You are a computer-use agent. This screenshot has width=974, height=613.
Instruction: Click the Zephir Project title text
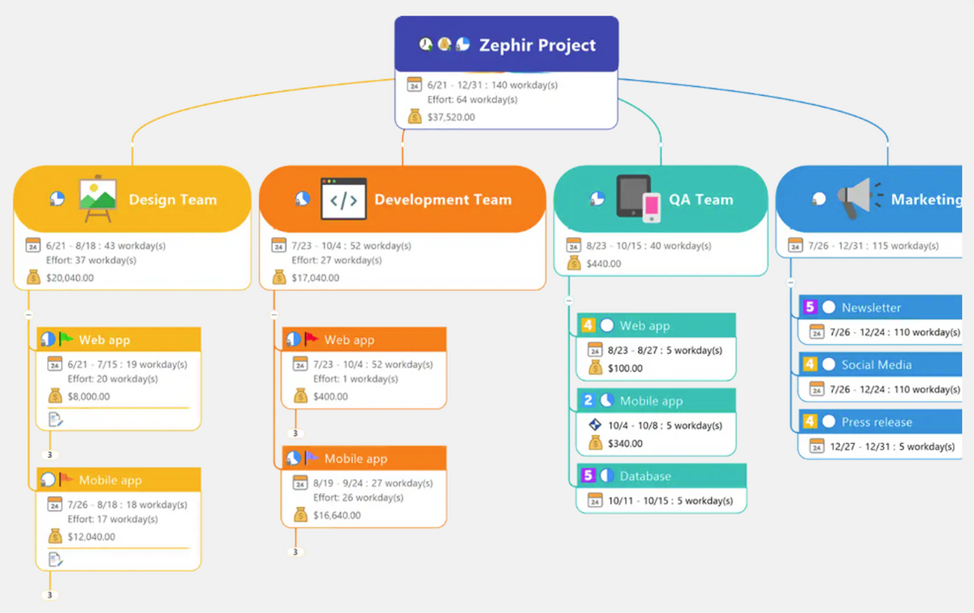coord(537,45)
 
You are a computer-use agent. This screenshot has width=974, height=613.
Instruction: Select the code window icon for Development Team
coord(343,199)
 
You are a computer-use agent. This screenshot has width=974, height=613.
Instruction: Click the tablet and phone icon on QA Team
coord(639,198)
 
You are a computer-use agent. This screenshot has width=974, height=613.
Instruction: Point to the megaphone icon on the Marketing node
coord(856,198)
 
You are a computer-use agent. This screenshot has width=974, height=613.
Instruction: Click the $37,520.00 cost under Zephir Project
coord(451,117)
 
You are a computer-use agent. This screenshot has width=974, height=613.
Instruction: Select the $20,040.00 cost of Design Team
coord(71,278)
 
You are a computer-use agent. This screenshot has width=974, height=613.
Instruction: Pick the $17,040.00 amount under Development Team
coord(316,278)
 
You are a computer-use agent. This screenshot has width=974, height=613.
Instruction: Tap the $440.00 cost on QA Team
coord(604,263)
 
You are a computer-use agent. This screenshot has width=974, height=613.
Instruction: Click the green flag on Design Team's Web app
coord(66,339)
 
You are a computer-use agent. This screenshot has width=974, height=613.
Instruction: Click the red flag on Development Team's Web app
coord(311,339)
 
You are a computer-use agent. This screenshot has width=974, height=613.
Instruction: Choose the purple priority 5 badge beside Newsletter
coord(809,308)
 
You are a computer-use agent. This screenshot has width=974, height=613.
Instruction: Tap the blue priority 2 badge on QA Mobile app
coord(588,400)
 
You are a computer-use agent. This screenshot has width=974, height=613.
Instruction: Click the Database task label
coord(645,476)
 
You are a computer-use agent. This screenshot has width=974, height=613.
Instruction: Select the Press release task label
coord(877,422)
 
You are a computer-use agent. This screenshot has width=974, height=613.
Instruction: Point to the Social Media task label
coord(877,365)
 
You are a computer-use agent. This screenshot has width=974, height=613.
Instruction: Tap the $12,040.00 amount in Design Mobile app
coord(92,537)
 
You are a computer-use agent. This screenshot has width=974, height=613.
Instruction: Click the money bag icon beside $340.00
coord(595,443)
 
